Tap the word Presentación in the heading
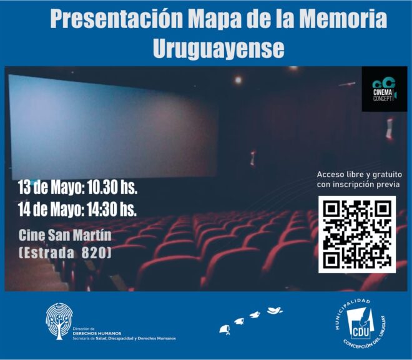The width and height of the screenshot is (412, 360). click(x=116, y=19)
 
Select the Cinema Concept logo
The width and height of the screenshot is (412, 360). click(x=385, y=89)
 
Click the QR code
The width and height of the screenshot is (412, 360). click(x=357, y=235)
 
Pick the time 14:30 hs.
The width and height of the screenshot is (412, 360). click(x=112, y=209)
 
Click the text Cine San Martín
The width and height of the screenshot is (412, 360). click(x=65, y=235)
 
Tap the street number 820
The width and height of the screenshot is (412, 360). click(x=96, y=253)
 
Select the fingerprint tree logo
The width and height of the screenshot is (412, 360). click(x=59, y=321)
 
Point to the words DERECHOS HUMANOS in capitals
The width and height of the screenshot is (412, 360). click(x=97, y=333)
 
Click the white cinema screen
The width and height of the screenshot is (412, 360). click(x=114, y=126)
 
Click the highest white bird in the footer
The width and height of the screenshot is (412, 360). click(x=275, y=310)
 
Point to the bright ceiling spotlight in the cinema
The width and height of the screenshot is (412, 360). click(x=238, y=80)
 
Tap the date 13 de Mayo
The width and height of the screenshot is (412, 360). click(x=51, y=188)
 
